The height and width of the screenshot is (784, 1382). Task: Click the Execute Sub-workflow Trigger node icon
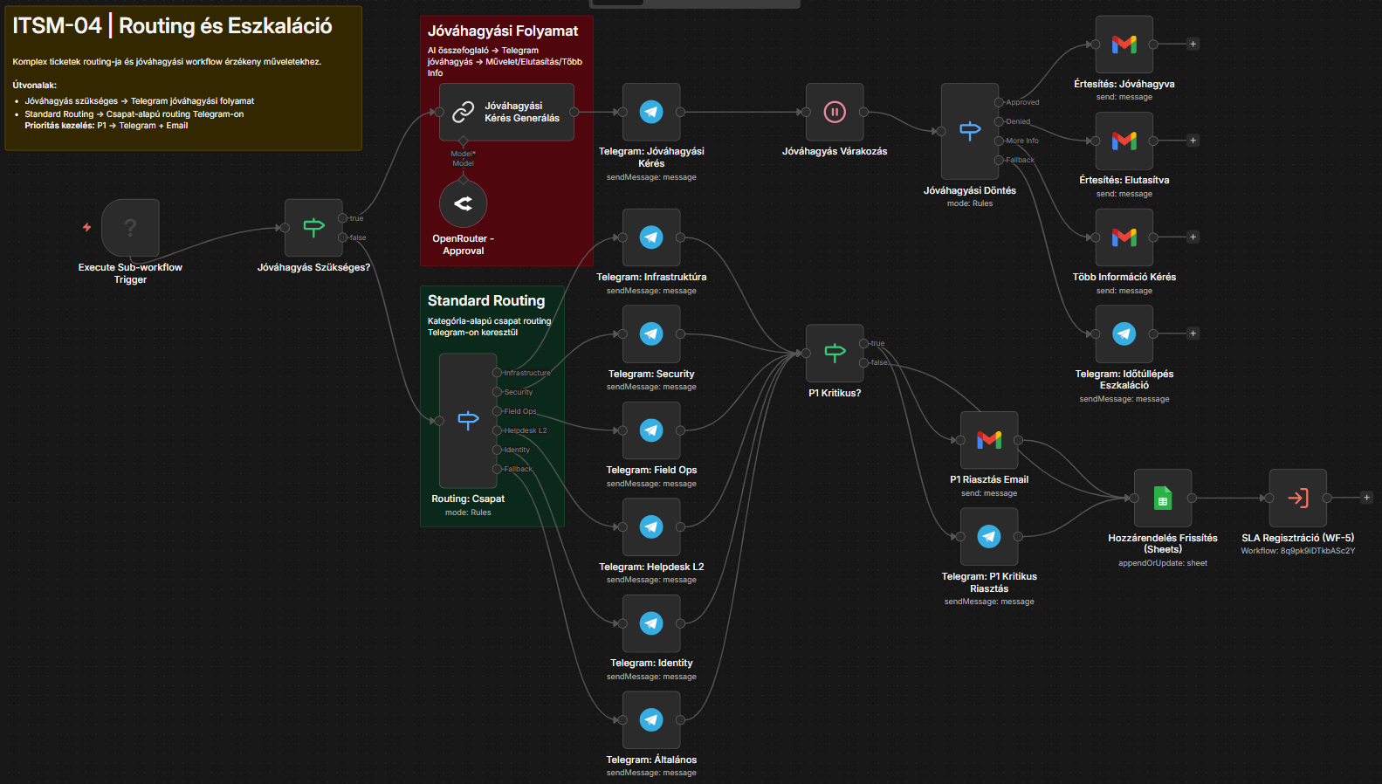coord(130,228)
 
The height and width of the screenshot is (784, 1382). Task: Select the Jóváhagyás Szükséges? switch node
coord(313,228)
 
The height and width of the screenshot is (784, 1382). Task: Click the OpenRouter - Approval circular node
coord(463,203)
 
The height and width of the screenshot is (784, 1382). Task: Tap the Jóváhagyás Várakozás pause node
coord(835,112)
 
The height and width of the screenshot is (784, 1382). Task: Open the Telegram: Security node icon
coord(651,334)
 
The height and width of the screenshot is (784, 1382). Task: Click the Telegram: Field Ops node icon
coord(651,430)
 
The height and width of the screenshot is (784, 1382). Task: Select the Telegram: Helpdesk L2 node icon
coord(651,527)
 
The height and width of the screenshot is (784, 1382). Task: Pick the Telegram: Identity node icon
coord(651,623)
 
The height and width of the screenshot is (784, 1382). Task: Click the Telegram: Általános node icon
coord(651,720)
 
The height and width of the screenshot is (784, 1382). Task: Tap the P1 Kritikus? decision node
coord(835,353)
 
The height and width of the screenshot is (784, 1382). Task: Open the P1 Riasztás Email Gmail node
coord(989,440)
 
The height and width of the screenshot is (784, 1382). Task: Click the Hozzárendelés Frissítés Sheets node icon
coord(1163,499)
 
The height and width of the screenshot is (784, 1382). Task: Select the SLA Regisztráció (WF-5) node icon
coord(1297,499)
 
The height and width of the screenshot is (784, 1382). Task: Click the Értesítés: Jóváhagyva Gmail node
coord(1124,45)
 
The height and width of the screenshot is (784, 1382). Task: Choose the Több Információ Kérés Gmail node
coord(1124,237)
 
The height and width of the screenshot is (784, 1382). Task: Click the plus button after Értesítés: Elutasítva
coord(1193,141)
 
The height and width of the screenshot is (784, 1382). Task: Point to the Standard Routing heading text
coord(486,300)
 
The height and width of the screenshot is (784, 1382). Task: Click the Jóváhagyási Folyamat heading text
coord(503,31)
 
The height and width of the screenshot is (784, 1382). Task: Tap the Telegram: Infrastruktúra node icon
coord(651,237)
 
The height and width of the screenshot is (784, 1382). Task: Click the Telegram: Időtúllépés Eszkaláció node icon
coord(1124,334)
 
